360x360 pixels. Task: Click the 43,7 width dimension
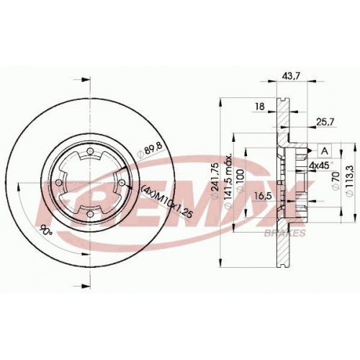pos(291,76)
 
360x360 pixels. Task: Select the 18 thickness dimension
pos(260,106)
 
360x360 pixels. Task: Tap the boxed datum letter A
pos(325,151)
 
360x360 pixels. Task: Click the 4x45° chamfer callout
pos(321,166)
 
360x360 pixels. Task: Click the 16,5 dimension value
pos(263,196)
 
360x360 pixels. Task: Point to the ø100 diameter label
pos(240,181)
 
